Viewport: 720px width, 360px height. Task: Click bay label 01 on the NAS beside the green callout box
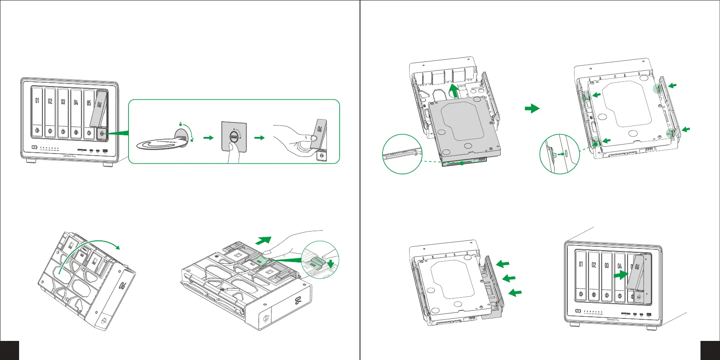(37, 101)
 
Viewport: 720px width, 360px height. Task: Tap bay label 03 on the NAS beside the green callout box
(63, 102)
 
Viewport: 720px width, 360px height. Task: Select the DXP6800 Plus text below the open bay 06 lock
(70, 156)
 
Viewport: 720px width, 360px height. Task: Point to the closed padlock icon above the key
(180, 124)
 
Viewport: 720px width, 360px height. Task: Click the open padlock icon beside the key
(192, 140)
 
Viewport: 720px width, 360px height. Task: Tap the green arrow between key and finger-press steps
(208, 138)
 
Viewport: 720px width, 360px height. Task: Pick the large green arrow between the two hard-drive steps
(532, 109)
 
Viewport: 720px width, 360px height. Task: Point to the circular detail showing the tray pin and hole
(559, 154)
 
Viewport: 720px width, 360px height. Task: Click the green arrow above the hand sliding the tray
(263, 240)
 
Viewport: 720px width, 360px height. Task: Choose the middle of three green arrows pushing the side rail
(508, 278)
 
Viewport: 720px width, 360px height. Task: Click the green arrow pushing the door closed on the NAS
(621, 275)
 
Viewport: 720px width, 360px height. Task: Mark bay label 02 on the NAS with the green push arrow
(594, 265)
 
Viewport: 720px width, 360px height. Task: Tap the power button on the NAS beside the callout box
(35, 148)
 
